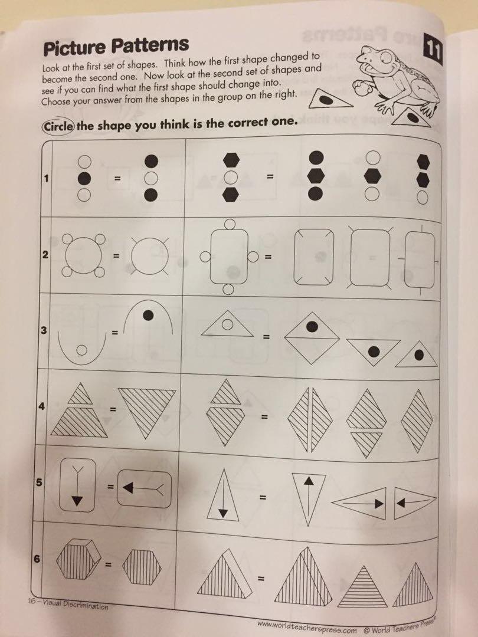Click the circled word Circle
tap(57, 126)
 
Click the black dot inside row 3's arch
tap(148, 316)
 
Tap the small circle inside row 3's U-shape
tap(81, 350)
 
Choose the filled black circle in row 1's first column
tap(84, 178)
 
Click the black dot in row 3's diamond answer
tap(313, 326)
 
